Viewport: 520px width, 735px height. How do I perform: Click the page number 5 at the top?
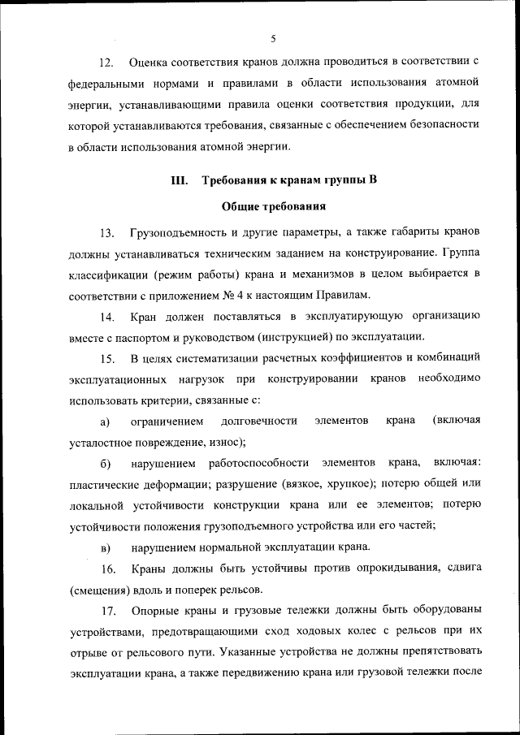click(x=273, y=38)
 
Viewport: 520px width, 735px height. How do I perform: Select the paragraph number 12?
click(x=106, y=63)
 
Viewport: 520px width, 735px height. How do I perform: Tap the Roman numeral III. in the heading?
click(x=180, y=180)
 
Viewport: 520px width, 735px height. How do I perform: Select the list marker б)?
click(x=106, y=463)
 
